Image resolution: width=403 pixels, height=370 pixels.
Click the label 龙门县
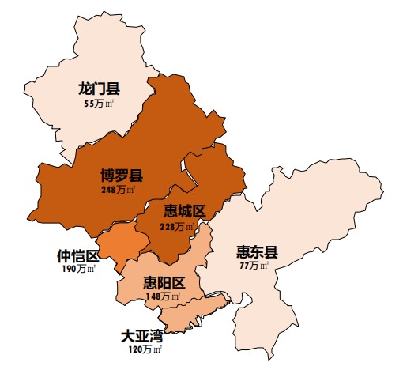pos(99,89)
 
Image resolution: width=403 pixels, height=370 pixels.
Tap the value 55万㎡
pos(99,104)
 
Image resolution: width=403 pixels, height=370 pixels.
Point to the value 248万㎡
pos(119,190)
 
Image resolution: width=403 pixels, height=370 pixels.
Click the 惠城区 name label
pos(184,211)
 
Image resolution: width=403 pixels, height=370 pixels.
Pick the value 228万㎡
pos(177,227)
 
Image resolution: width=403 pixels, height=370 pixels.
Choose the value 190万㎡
pos(78,270)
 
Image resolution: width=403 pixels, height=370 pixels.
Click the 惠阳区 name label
pos(164,283)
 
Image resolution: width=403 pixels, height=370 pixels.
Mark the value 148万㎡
pos(163,296)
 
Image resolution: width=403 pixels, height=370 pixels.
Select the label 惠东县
pos(257,252)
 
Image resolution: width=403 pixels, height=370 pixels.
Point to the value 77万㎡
pos(254,266)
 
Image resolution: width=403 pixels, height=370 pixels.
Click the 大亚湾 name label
pos(141,335)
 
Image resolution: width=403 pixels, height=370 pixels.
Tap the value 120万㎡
pos(145,349)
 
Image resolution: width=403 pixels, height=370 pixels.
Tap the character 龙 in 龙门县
pos(85,89)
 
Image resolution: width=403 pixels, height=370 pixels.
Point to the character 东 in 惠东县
pos(257,252)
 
